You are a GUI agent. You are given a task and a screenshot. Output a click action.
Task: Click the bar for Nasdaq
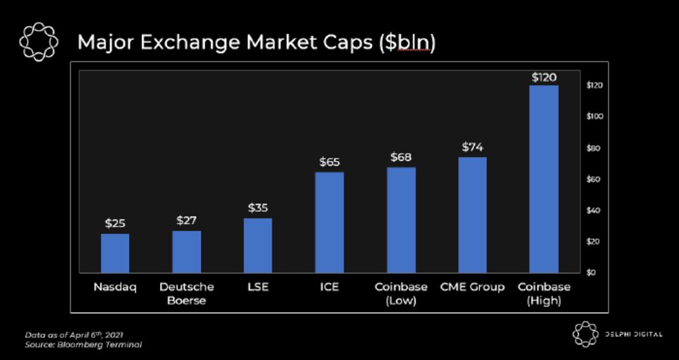(x=115, y=253)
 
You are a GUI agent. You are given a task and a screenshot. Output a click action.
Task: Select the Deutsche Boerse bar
(x=186, y=251)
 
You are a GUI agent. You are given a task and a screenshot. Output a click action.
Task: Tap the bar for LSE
(x=258, y=245)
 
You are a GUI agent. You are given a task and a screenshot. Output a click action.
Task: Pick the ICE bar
(x=329, y=222)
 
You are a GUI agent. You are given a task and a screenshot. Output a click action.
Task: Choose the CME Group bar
(x=473, y=215)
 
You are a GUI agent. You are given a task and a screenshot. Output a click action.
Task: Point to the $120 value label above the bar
(x=544, y=77)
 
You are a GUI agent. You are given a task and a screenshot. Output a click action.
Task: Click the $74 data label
(x=473, y=147)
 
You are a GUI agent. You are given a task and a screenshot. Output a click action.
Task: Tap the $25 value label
(x=115, y=223)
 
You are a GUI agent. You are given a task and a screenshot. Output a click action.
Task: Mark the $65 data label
(x=329, y=162)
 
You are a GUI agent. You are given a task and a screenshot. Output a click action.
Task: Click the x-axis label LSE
(x=258, y=287)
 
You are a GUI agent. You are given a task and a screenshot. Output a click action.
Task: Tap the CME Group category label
(x=473, y=287)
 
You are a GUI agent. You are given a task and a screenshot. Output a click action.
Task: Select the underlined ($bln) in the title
(x=407, y=42)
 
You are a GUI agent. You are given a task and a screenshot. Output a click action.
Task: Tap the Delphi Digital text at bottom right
(x=634, y=334)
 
